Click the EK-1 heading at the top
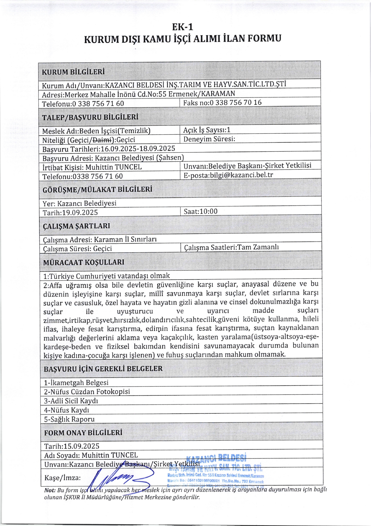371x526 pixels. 182,27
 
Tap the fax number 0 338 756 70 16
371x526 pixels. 235,103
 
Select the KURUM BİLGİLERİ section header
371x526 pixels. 73,72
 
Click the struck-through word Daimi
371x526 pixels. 102,140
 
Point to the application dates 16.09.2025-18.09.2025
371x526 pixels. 138,149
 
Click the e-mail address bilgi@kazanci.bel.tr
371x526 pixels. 241,175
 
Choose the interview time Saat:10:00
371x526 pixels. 201,211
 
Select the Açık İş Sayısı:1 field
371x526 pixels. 207,130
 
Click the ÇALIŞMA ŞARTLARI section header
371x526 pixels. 76,226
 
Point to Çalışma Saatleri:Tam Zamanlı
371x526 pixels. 231,247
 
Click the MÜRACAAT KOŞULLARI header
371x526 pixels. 84,262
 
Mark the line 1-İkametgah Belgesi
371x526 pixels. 76,382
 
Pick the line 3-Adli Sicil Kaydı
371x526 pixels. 71,401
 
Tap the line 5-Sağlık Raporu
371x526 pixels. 69,419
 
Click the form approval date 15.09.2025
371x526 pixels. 81,446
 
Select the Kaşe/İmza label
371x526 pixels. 62,478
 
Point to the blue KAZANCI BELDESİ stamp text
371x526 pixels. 216,458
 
